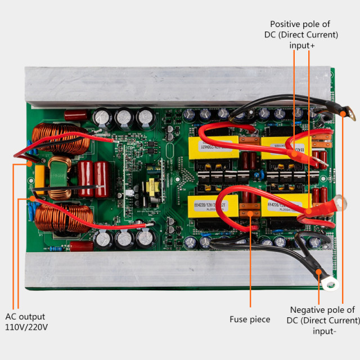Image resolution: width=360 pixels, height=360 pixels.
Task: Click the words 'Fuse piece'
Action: [x=250, y=319]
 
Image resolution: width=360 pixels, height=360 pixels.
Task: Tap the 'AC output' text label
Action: [x=25, y=317]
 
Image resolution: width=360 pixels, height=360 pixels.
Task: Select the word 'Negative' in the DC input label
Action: [x=308, y=310]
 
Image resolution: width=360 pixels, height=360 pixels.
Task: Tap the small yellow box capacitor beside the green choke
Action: [x=39, y=173]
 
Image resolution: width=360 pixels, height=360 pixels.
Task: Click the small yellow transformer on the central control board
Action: [x=152, y=185]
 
